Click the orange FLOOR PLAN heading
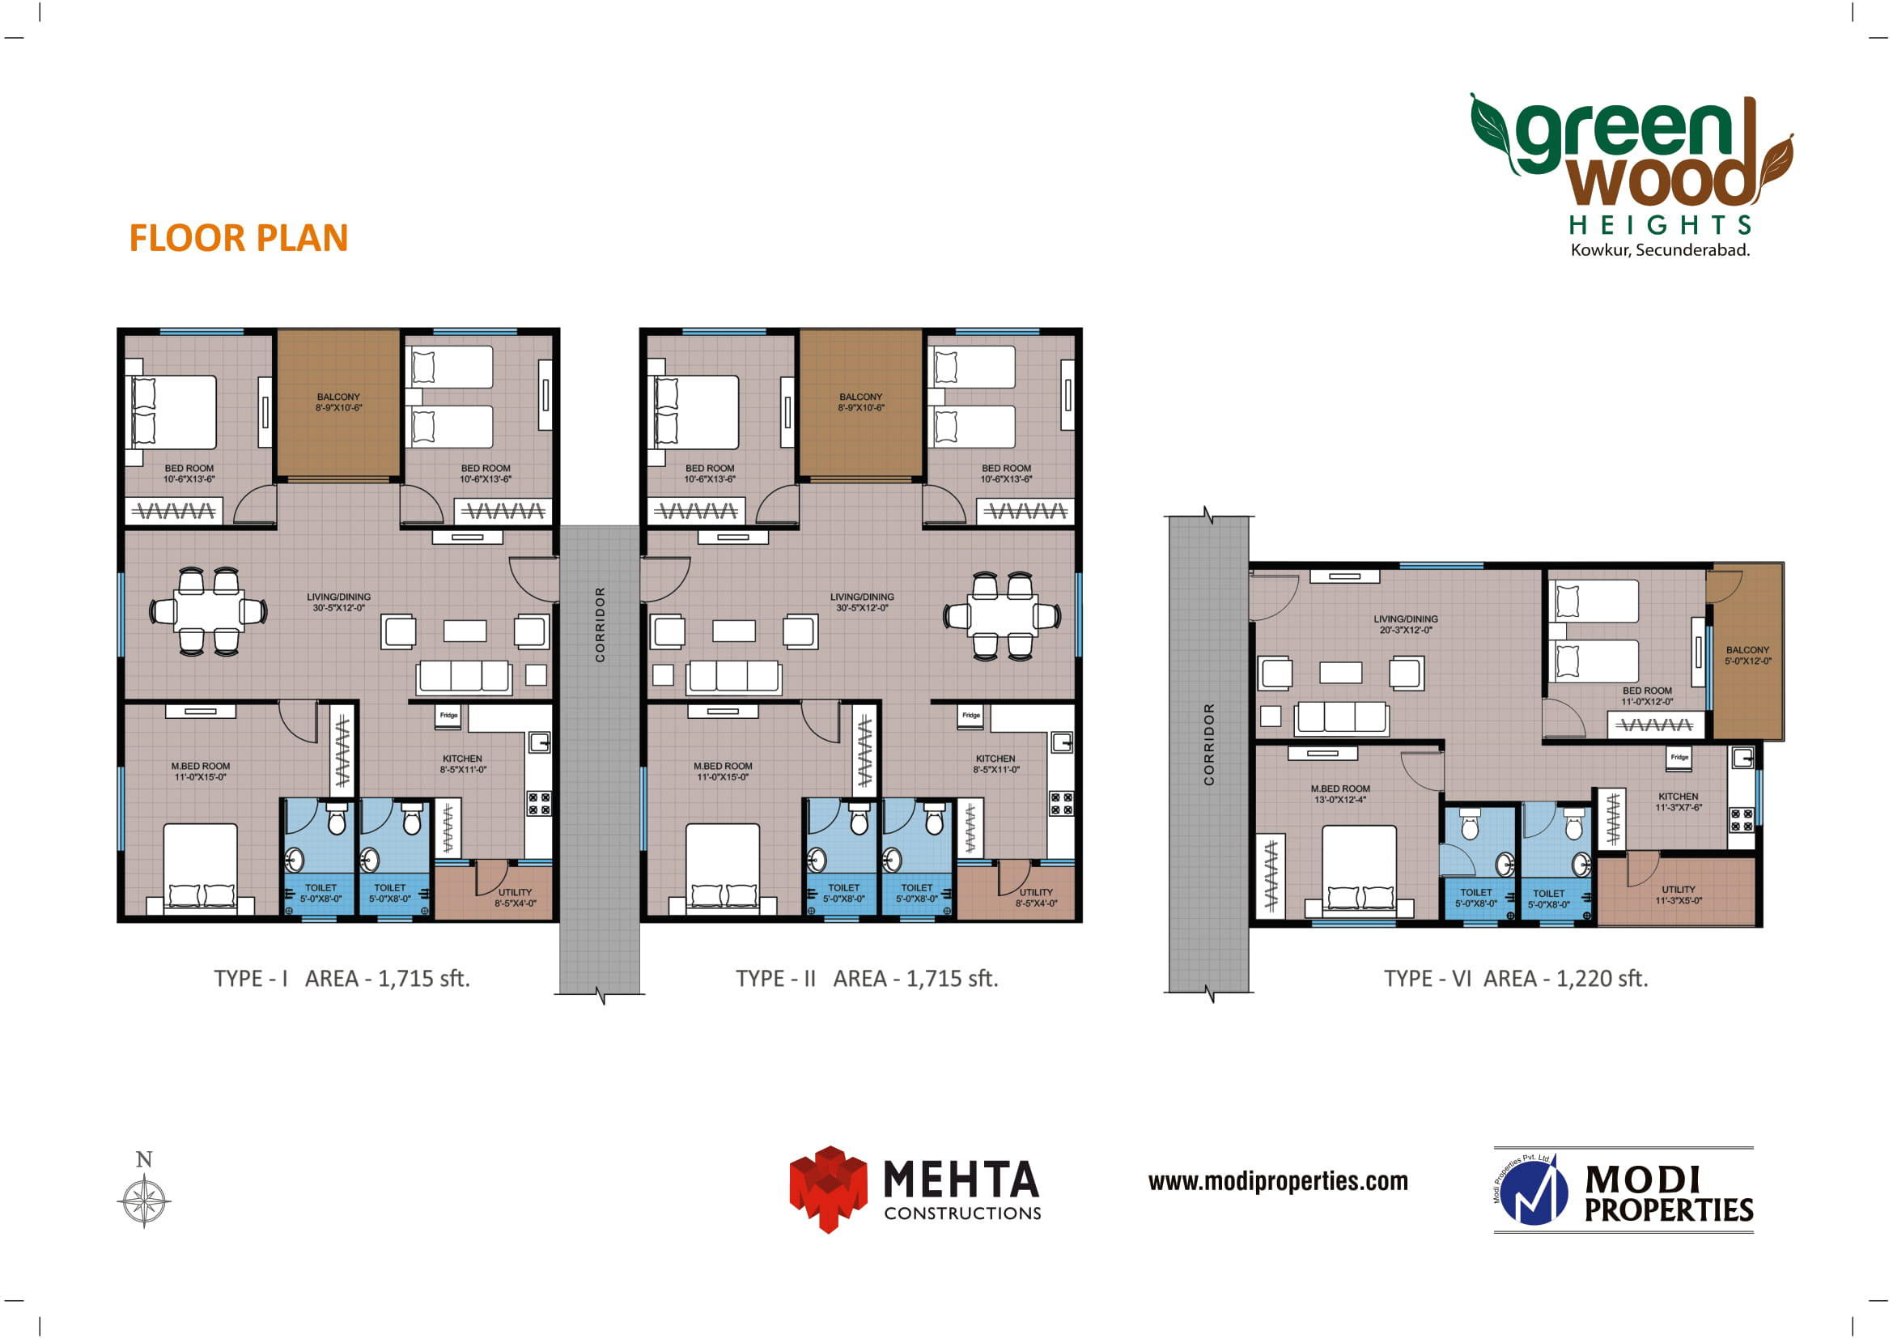(238, 238)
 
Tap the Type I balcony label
(339, 402)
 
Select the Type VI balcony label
(1748, 656)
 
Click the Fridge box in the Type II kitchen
(971, 716)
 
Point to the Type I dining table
(209, 611)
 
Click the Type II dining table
(1003, 616)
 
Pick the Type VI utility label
(1679, 895)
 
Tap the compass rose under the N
(144, 1201)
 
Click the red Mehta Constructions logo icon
(829, 1189)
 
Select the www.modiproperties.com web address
(1278, 1181)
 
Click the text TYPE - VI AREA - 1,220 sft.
(1515, 979)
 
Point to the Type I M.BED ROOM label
(201, 772)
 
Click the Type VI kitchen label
(1679, 802)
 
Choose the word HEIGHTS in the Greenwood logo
(1661, 225)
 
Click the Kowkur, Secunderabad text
(1661, 250)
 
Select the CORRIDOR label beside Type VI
(1208, 745)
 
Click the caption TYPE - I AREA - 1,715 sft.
(342, 979)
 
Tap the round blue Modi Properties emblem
(1533, 1192)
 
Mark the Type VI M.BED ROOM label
(1340, 794)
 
